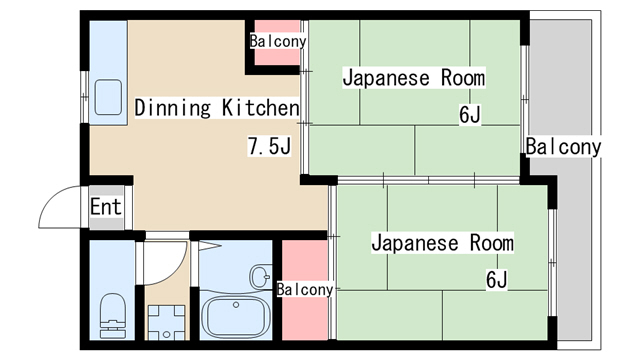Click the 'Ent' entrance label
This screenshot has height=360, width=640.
pyautogui.click(x=105, y=207)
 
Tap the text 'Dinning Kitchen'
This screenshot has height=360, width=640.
pyautogui.click(x=217, y=108)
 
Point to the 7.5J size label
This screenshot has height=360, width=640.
pyautogui.click(x=269, y=148)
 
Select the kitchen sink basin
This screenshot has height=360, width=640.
pyautogui.click(x=107, y=96)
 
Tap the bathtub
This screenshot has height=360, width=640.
pyautogui.click(x=237, y=316)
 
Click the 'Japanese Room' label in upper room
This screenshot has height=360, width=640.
pyautogui.click(x=413, y=77)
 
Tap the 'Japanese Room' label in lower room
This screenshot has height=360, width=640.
pyautogui.click(x=442, y=243)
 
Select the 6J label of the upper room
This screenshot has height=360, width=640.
pyautogui.click(x=470, y=115)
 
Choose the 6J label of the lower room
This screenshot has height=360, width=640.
pyautogui.click(x=498, y=280)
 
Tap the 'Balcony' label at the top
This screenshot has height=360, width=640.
pyautogui.click(x=278, y=42)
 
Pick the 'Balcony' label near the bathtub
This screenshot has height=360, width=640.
pyautogui.click(x=305, y=290)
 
